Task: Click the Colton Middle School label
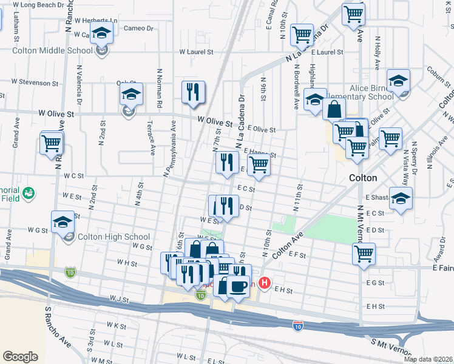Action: pos(46,50)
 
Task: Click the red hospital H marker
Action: pos(265,283)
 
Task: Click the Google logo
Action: pos(20,357)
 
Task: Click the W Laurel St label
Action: pos(196,52)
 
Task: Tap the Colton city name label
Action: pos(363,178)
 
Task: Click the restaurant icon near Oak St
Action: pos(193,92)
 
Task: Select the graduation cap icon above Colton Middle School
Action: pos(102,33)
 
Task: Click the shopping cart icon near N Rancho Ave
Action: pos(52,144)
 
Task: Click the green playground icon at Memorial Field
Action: pos(27,194)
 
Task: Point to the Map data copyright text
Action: pos(428,359)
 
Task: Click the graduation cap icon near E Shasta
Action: pos(401,198)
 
